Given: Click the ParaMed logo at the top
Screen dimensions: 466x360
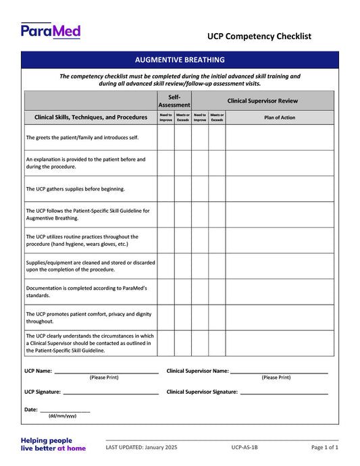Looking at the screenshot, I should [51, 30].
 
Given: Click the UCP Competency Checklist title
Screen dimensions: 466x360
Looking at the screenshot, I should [259, 36].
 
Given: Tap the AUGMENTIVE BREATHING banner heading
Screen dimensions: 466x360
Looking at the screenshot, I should [180, 59].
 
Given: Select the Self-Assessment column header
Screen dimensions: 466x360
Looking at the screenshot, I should [174, 101].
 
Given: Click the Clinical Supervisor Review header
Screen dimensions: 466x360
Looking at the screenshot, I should [263, 101].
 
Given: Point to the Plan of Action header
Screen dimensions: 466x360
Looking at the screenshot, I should [280, 117].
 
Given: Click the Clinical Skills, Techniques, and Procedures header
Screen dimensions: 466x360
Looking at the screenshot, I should [91, 117].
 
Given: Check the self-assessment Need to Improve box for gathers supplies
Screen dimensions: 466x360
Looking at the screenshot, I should [166, 189].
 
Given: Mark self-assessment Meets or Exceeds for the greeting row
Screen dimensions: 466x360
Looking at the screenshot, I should [183, 137].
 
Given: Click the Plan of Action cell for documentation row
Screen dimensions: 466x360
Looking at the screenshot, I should [280, 292].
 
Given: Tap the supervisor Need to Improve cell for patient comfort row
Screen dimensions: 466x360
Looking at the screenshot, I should [200, 317].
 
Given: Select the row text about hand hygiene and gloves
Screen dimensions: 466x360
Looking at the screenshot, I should [82, 240].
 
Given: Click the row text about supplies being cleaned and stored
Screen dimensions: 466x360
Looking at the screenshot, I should [90, 266].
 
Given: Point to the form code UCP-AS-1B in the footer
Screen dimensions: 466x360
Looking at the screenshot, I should [245, 447].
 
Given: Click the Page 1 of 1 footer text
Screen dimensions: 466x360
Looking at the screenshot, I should [324, 447].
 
